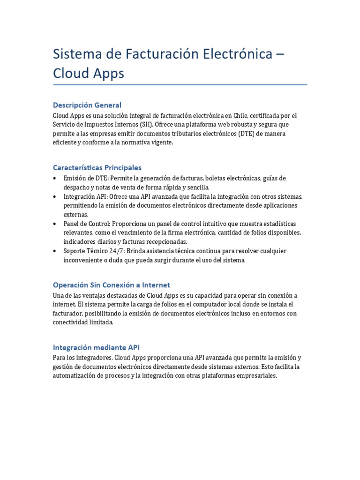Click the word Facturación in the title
tap(154, 54)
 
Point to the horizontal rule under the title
tap(180, 85)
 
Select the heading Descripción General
tap(87, 105)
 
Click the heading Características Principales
tap(97, 167)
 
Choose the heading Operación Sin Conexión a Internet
tap(111, 285)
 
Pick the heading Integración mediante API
tap(96, 347)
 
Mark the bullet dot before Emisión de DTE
tap(56, 179)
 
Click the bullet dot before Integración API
tap(56, 196)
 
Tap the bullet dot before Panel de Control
tap(56, 224)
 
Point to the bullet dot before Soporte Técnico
tap(56, 251)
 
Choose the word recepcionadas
tap(165, 242)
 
